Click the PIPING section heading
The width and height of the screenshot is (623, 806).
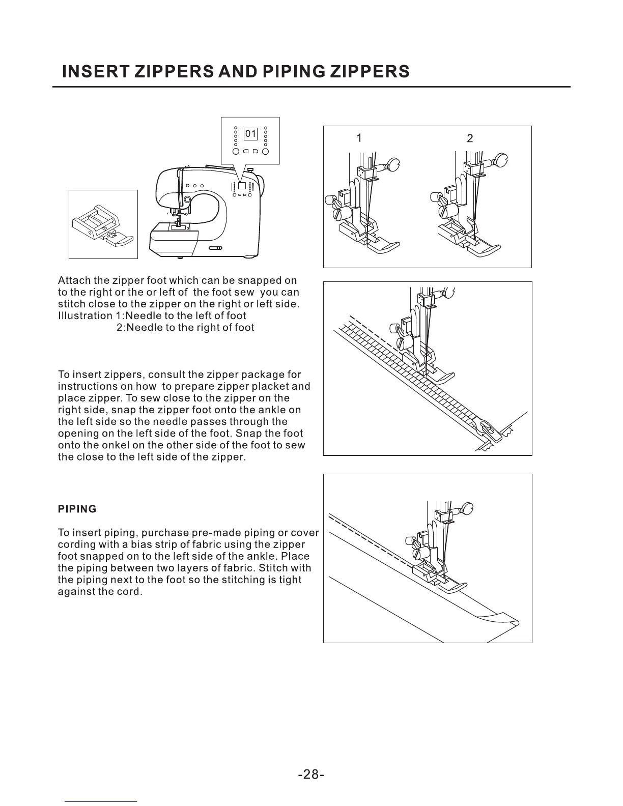77,509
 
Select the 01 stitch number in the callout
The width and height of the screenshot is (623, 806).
251,134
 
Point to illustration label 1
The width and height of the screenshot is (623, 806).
359,138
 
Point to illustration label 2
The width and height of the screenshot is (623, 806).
470,138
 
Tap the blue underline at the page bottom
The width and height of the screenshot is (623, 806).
101,802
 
